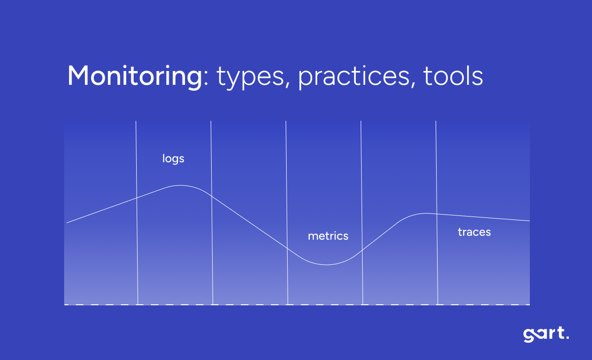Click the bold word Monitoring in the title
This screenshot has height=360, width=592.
[134, 76]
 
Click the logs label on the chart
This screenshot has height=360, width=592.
[173, 159]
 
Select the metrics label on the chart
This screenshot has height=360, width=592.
[328, 236]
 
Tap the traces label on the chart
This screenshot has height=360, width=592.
[474, 232]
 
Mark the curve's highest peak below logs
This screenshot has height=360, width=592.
[180, 185]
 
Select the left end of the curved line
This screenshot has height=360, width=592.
[67, 223]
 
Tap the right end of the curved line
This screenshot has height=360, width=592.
[529, 221]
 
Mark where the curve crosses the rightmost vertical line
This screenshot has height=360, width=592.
[437, 214]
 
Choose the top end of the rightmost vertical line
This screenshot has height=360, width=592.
[436, 121]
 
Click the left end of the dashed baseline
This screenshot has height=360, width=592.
[65, 305]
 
